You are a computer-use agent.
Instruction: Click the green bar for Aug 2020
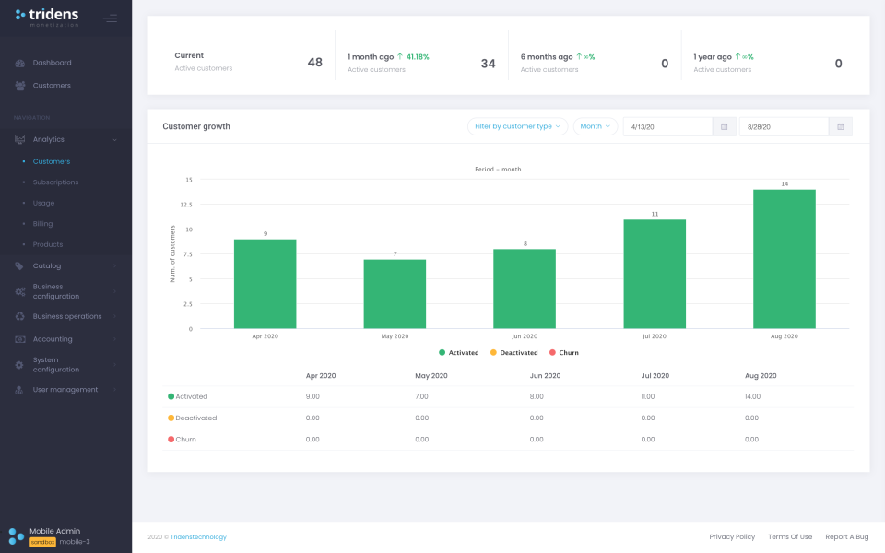tap(784, 259)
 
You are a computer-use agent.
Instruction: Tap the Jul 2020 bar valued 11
tap(655, 274)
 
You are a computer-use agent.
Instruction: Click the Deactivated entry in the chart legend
tap(513, 353)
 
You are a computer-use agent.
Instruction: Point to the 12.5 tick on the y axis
tap(185, 205)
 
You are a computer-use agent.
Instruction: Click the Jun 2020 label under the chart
tap(525, 336)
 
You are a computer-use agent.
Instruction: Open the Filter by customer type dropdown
tap(517, 126)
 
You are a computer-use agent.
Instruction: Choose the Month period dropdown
tap(595, 126)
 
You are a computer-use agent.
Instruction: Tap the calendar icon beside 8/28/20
tap(841, 126)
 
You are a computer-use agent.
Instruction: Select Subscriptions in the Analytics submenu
tap(55, 182)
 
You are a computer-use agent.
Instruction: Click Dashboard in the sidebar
tap(52, 63)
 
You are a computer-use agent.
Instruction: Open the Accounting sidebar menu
tap(53, 339)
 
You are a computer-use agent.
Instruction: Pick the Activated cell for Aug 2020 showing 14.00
tap(752, 396)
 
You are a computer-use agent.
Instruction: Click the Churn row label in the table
tap(185, 440)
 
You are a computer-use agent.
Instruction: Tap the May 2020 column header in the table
tap(431, 376)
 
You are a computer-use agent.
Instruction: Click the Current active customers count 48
tap(314, 63)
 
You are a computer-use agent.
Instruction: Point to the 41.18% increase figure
tap(417, 56)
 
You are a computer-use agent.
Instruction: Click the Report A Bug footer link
tap(846, 536)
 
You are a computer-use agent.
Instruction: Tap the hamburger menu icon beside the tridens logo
tap(111, 18)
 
